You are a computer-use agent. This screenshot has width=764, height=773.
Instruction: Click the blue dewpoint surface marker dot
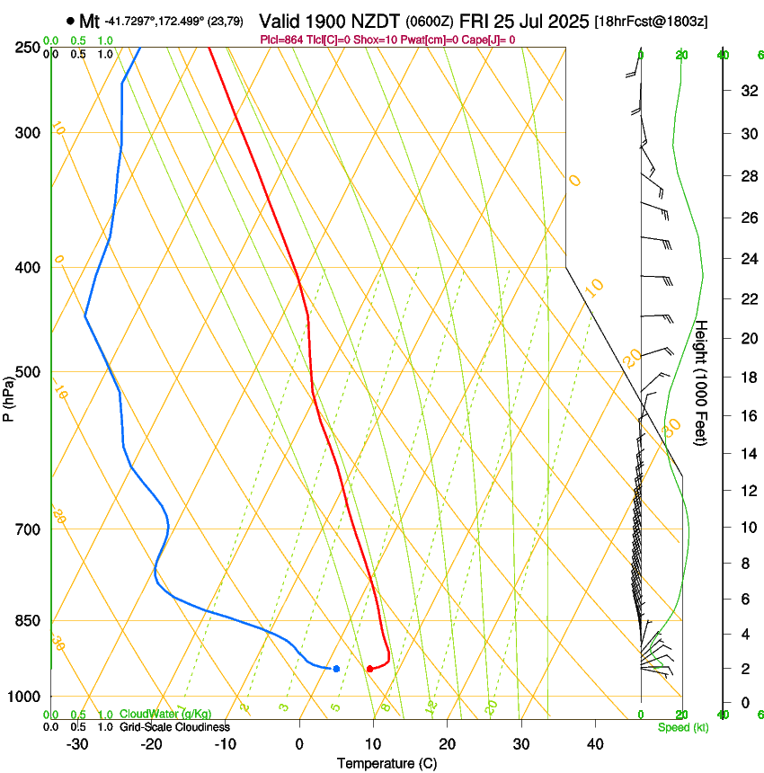coord(336,669)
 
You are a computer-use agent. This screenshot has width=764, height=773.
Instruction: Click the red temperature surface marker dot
coord(369,669)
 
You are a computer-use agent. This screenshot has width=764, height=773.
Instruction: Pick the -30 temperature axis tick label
coord(76,743)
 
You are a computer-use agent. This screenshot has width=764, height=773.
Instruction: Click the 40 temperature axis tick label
coord(594,743)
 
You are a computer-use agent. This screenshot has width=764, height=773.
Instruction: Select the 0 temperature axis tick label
coord(299,743)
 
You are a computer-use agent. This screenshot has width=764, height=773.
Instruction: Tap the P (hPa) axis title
coord(9,395)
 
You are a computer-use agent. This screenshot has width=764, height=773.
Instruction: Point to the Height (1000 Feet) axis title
coord(702,382)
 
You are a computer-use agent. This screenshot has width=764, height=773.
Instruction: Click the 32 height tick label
coord(747,91)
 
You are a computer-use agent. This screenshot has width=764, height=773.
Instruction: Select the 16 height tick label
coord(747,415)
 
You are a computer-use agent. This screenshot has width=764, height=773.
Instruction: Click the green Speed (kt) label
coord(683,726)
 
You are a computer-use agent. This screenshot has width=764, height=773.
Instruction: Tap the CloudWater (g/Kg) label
coord(165,715)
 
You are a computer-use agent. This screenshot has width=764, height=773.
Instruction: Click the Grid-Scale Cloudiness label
coord(174,726)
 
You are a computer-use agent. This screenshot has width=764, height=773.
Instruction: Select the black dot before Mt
coord(70,21)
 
